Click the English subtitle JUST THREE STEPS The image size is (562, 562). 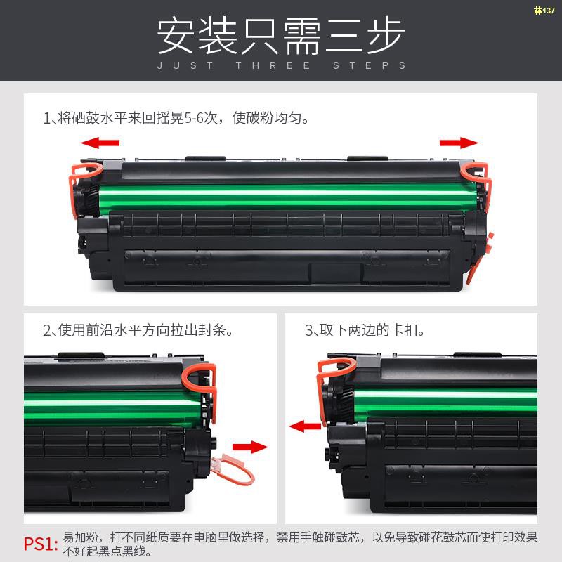pos(281,65)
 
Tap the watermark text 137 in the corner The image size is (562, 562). pos(544,10)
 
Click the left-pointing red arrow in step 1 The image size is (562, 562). pos(100,143)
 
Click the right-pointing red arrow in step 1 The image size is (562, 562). pos(459,143)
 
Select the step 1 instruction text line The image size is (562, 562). pos(176,117)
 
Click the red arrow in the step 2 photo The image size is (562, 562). pos(250,447)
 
